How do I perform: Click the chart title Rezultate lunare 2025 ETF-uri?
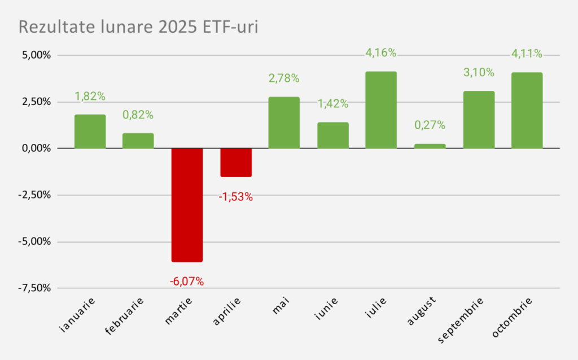138,27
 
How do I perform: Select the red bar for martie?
187,205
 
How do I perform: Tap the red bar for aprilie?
235,163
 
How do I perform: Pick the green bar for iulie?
381,110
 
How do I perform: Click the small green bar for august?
430,146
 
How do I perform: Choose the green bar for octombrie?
527,111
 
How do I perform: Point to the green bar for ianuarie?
90,131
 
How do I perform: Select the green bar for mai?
284,122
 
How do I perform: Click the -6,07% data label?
187,280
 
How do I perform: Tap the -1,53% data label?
235,197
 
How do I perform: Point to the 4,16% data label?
381,54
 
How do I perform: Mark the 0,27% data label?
430,125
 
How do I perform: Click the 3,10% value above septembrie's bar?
478,73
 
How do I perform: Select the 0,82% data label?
138,115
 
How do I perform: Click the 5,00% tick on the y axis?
35,55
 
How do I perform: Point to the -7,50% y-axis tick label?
34,288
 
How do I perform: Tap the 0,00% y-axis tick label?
35,148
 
